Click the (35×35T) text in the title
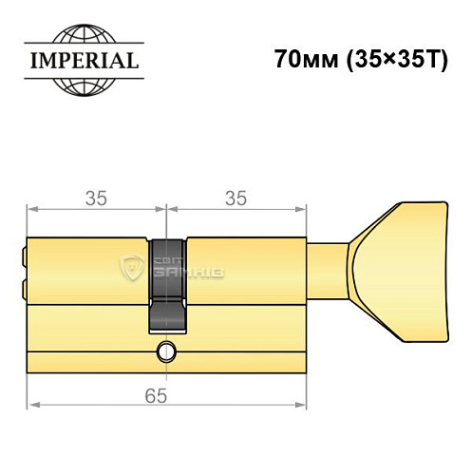[x=385, y=57]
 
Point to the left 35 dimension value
[x=95, y=198]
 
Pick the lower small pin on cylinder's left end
[x=23, y=285]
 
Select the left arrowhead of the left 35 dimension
[x=30, y=209]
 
